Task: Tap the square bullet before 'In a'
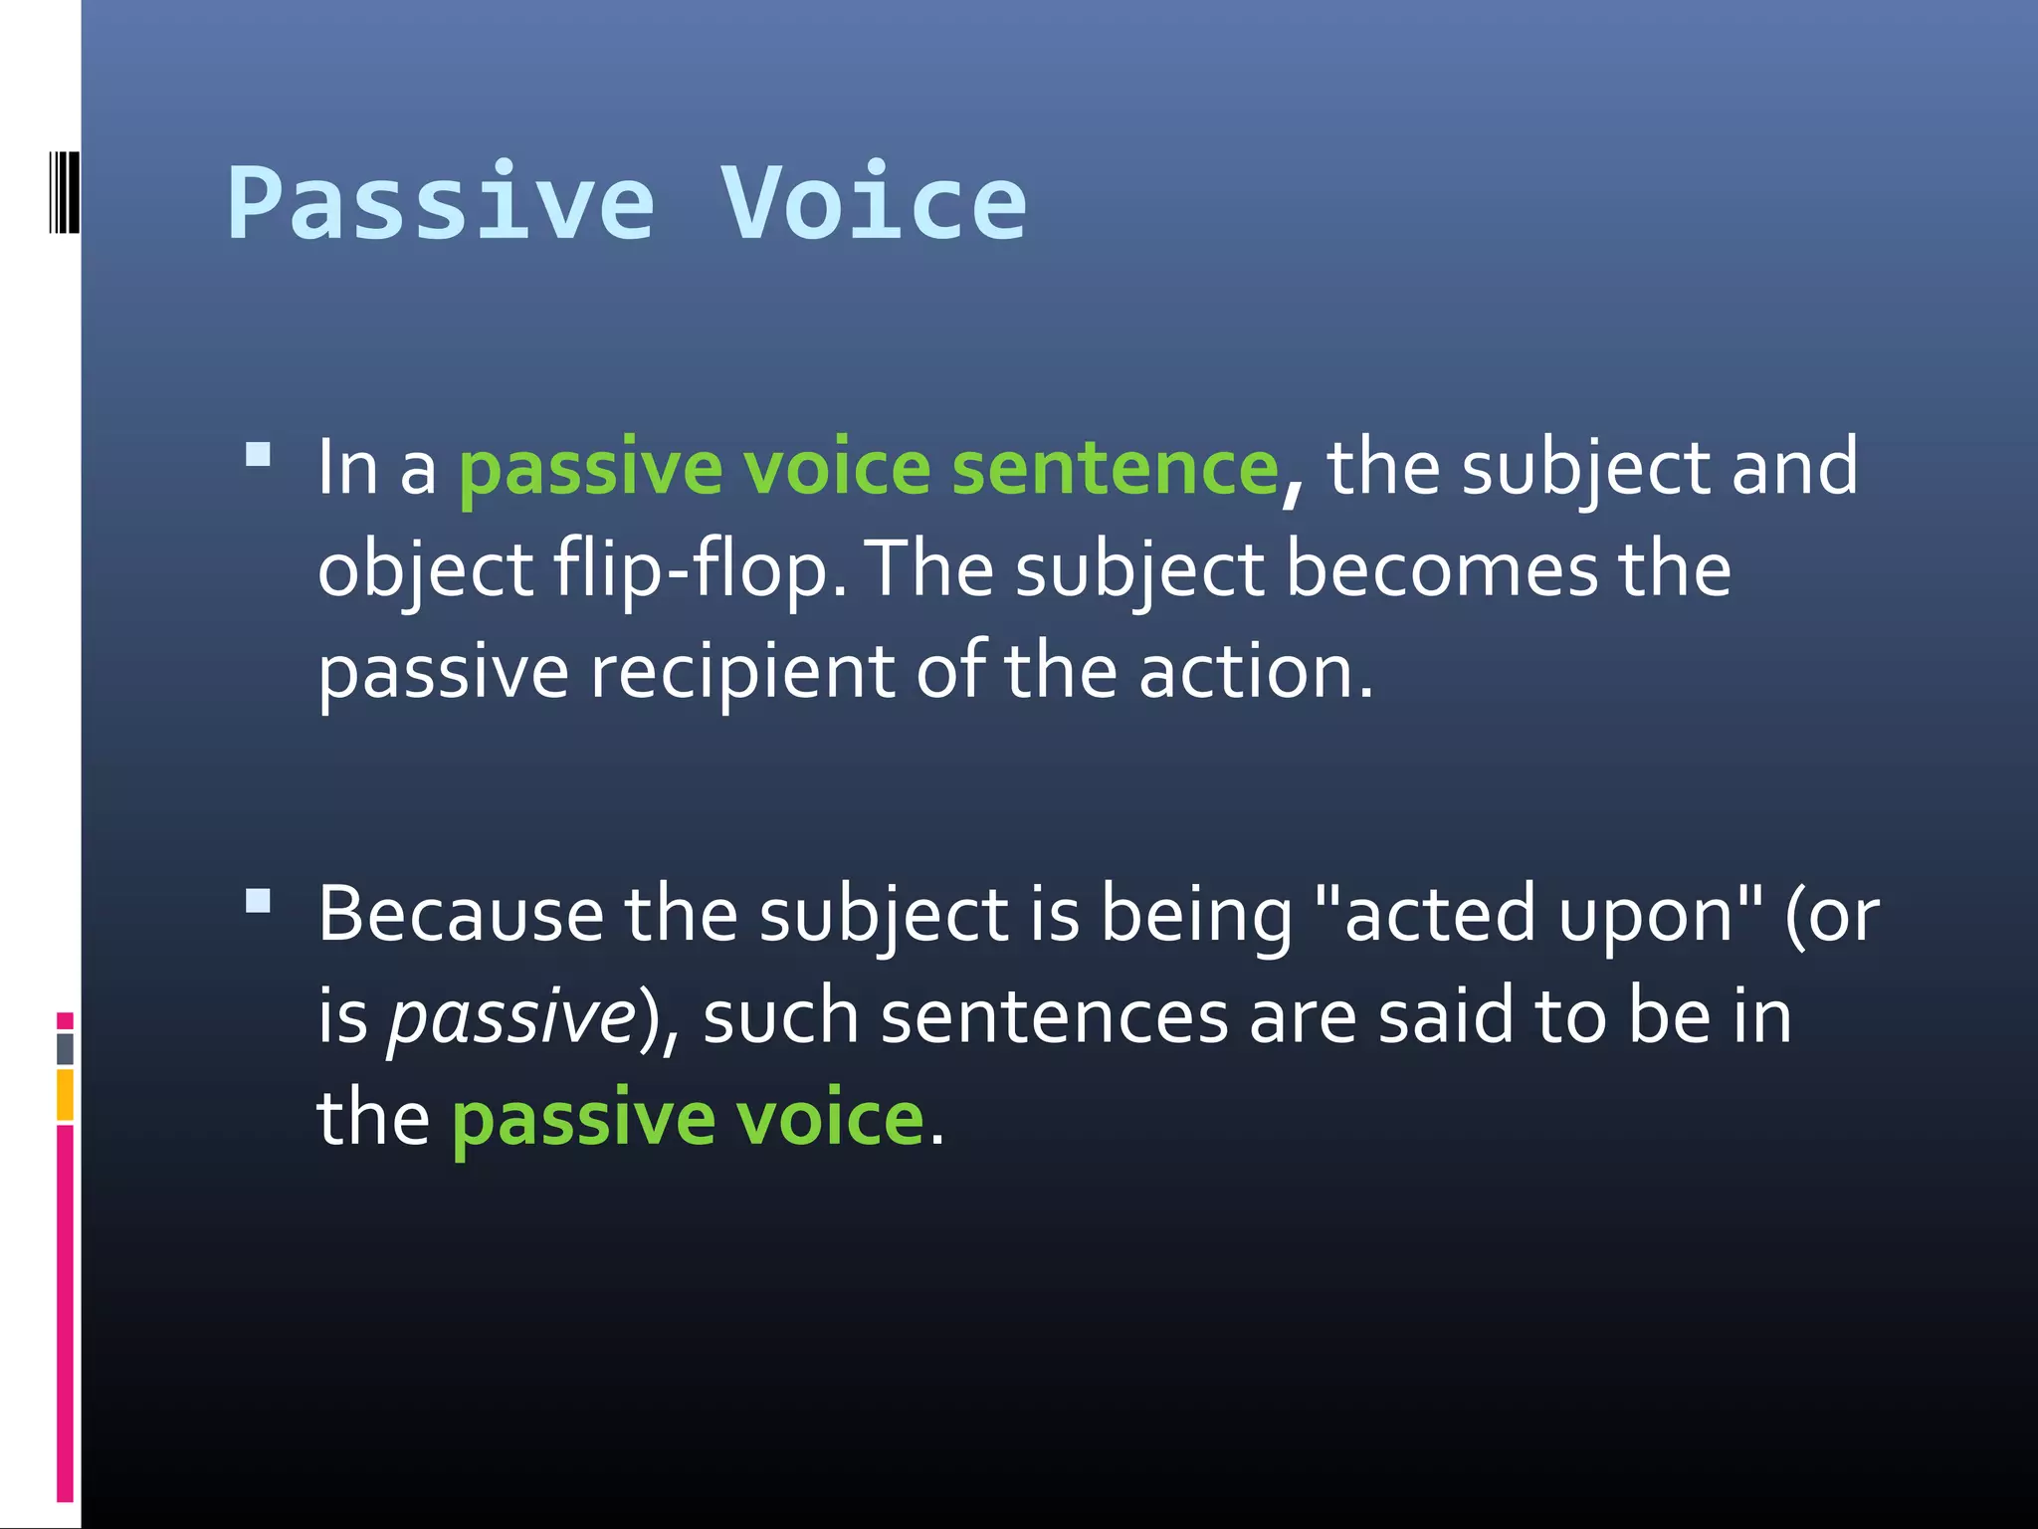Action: point(258,456)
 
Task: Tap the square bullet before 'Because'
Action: point(258,902)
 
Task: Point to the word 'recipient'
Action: point(742,673)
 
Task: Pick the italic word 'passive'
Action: point(511,1017)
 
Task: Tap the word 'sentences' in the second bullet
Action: point(1054,1017)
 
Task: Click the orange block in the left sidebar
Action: point(65,1094)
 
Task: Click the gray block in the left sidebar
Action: point(65,1048)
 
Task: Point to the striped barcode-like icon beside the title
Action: point(64,192)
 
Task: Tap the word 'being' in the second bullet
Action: point(1195,916)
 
